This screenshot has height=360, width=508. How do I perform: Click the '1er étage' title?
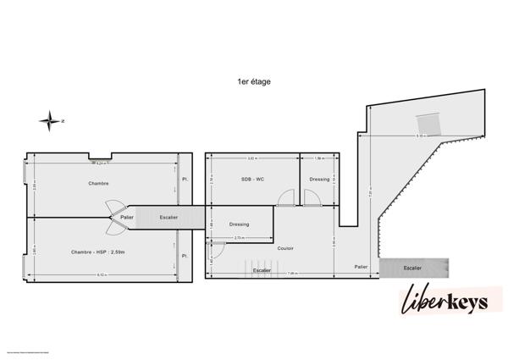[x=254, y=82]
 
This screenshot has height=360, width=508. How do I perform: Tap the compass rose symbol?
[x=51, y=121]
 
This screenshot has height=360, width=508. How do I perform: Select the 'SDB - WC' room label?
[x=253, y=180]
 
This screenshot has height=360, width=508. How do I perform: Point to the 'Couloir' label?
[x=285, y=248]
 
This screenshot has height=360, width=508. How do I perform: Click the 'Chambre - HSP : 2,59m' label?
[x=98, y=252]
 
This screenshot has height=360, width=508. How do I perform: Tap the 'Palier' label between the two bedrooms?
[x=127, y=218]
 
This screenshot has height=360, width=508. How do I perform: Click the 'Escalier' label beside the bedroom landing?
[x=168, y=218]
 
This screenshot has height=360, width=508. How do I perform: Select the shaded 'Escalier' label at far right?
[x=412, y=268]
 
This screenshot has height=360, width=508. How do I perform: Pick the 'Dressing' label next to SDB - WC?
[x=319, y=180]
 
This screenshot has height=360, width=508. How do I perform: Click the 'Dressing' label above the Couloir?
[x=239, y=224]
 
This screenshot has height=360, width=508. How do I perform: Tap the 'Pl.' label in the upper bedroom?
[x=185, y=180]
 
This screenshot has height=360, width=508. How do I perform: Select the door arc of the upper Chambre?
[x=114, y=208]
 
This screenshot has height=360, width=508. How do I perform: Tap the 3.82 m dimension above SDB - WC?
[x=251, y=158]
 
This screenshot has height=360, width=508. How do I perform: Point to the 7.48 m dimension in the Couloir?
[x=290, y=274]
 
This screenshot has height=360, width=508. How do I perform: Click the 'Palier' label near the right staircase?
[x=361, y=267]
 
